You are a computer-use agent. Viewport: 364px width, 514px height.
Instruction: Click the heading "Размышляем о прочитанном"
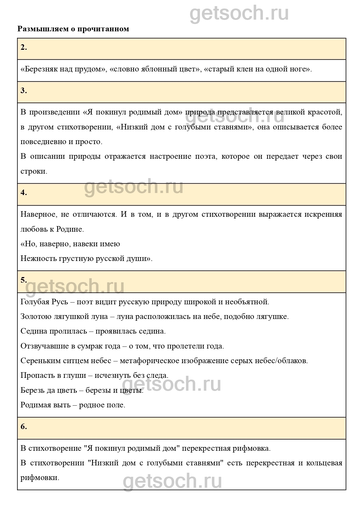[x=73, y=29]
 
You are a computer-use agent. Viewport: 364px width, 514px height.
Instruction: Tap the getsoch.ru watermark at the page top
[x=239, y=13]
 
